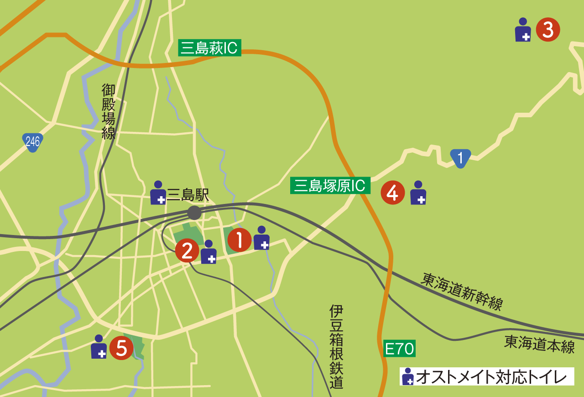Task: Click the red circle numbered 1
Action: (240, 240)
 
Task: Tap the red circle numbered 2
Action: (188, 251)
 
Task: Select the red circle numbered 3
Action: (547, 30)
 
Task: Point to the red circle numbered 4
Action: (393, 193)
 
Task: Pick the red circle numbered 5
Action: (121, 348)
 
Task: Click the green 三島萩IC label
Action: (209, 48)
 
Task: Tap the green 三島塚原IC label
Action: (330, 186)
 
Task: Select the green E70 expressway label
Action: (399, 349)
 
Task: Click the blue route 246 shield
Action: (33, 142)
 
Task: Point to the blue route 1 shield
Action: (460, 158)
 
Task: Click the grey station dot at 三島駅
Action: (194, 213)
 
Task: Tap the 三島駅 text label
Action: (188, 195)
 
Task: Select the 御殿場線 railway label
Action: (109, 111)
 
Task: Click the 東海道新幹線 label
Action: (462, 292)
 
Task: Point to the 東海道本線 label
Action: (539, 344)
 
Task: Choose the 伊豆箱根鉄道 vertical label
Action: (336, 347)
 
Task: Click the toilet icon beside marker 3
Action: (523, 30)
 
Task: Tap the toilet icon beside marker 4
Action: (418, 193)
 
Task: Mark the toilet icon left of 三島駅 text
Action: (158, 193)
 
